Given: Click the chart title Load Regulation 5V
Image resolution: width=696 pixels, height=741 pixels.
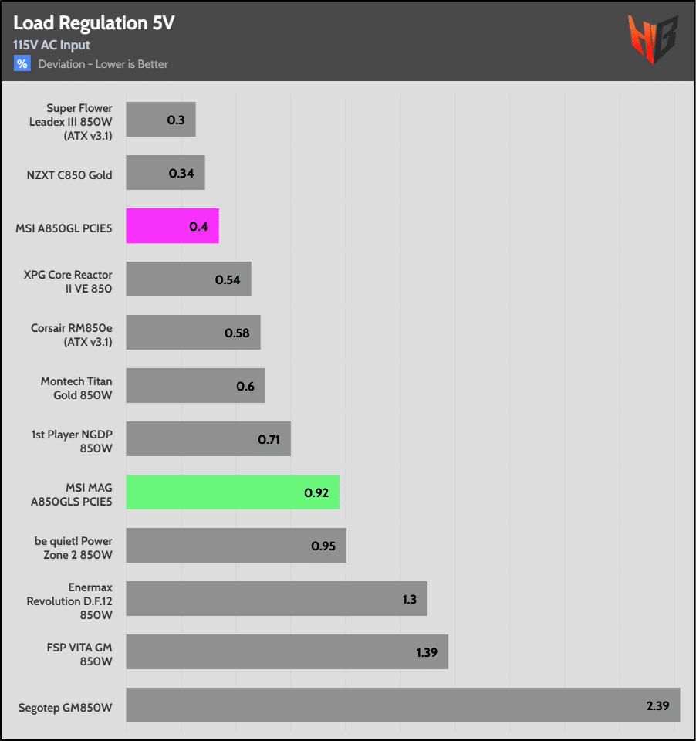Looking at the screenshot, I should (93, 23).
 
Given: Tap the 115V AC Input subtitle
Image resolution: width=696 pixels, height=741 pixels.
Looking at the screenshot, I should (52, 45).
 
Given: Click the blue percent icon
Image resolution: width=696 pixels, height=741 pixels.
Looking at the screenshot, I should (22, 63).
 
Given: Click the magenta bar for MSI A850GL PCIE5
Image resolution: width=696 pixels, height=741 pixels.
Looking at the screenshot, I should (172, 226).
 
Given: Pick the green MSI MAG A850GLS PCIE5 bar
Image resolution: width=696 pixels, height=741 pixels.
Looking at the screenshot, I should (232, 492).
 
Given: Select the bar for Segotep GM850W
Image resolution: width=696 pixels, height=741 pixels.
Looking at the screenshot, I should (403, 705).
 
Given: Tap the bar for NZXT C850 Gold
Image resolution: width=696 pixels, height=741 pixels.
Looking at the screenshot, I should (165, 173).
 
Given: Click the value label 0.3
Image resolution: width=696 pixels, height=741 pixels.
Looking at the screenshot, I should (176, 120).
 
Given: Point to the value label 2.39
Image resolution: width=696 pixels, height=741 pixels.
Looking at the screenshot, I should (658, 705).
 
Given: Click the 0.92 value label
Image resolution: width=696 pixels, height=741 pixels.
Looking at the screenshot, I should (316, 492).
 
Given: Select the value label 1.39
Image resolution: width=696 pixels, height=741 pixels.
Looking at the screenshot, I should (427, 652).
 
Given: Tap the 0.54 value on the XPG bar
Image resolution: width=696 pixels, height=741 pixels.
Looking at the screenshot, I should (228, 279).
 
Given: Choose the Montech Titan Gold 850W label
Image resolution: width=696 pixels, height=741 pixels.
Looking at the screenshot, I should (76, 387).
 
